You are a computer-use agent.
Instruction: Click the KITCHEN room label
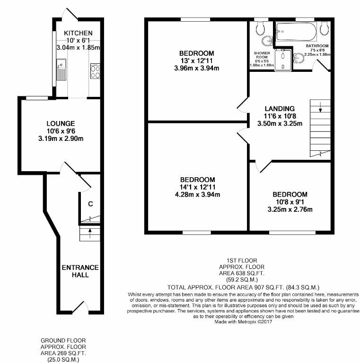coord(78,33)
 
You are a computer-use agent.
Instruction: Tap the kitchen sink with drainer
coord(61,70)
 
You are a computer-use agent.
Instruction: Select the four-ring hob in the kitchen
coord(95,71)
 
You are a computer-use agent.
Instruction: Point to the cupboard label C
coord(89,204)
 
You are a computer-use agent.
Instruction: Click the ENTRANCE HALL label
coord(80,271)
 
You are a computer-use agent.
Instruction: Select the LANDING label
coord(280,108)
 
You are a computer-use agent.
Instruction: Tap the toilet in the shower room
coord(260,29)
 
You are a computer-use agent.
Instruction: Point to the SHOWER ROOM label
coord(261,56)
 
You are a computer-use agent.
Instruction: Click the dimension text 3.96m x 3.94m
coord(196,68)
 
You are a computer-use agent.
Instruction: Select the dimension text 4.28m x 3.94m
coord(197,194)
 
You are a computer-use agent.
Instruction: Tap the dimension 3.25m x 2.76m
coord(290,209)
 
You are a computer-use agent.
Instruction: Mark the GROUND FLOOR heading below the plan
coord(63,340)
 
